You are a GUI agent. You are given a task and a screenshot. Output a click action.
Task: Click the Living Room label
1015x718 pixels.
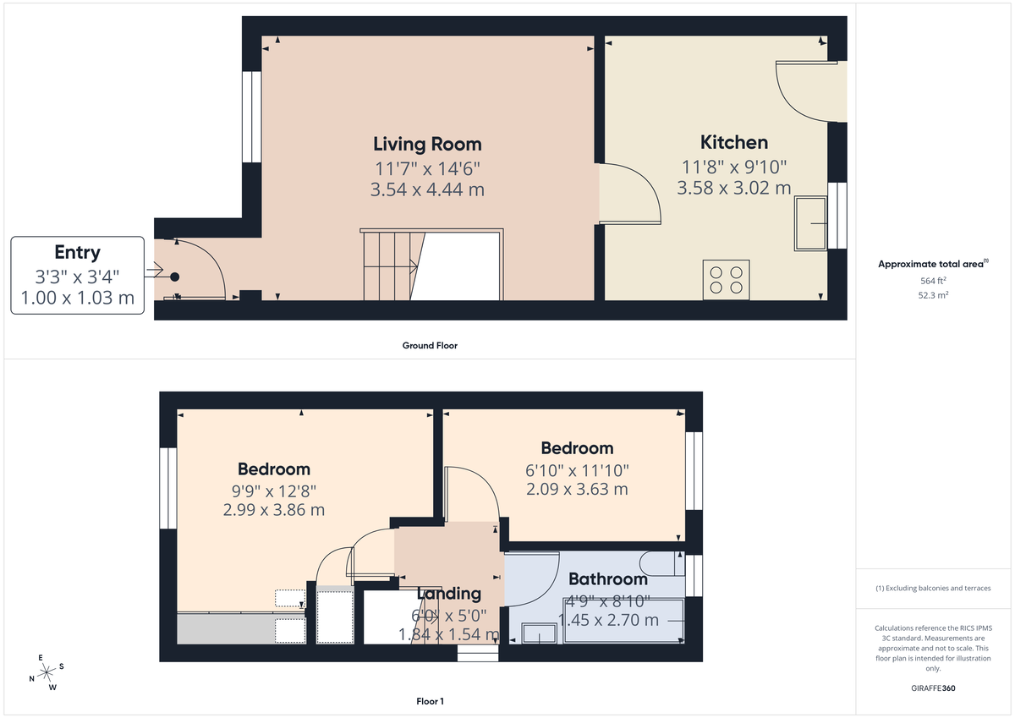427,144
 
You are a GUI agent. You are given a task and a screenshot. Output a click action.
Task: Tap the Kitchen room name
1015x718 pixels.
733,142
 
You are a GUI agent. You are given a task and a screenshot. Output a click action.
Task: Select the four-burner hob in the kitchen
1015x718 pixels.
727,279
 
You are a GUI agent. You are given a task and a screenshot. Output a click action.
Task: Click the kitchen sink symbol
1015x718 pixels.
811,223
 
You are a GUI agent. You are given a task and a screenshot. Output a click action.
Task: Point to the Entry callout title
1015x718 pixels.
77,252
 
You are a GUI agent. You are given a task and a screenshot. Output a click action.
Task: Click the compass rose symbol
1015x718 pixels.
46,671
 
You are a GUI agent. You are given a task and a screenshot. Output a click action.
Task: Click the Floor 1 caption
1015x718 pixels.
431,701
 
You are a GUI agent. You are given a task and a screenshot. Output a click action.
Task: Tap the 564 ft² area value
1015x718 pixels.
933,280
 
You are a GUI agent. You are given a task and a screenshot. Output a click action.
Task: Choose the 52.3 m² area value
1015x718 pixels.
933,295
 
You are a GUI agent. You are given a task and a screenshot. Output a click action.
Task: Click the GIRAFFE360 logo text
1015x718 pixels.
933,688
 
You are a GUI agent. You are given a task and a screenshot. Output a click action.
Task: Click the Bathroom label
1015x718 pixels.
607,579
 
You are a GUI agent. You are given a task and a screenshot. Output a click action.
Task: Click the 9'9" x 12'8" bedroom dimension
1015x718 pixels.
273,491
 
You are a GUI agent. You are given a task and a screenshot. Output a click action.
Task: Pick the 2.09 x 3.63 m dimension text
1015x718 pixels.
577,489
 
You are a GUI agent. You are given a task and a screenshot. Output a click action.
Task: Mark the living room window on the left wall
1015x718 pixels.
251,116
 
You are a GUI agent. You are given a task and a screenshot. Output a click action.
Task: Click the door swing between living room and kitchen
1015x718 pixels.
630,193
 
